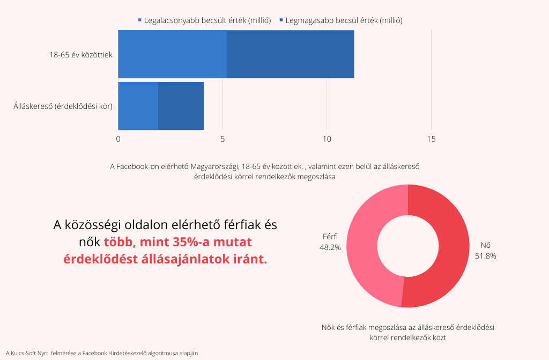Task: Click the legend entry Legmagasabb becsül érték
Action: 343,20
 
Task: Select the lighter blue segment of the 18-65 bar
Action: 172,54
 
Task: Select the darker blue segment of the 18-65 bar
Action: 290,54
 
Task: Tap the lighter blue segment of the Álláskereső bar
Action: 138,106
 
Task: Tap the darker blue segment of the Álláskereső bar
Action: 181,106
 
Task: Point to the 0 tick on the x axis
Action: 118,139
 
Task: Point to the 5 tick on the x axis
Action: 222,139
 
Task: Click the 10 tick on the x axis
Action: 327,139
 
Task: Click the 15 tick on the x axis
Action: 431,139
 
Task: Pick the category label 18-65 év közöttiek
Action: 81,54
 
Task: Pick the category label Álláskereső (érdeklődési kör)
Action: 63,106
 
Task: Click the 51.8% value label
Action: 485,256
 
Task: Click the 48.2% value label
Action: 330,247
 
